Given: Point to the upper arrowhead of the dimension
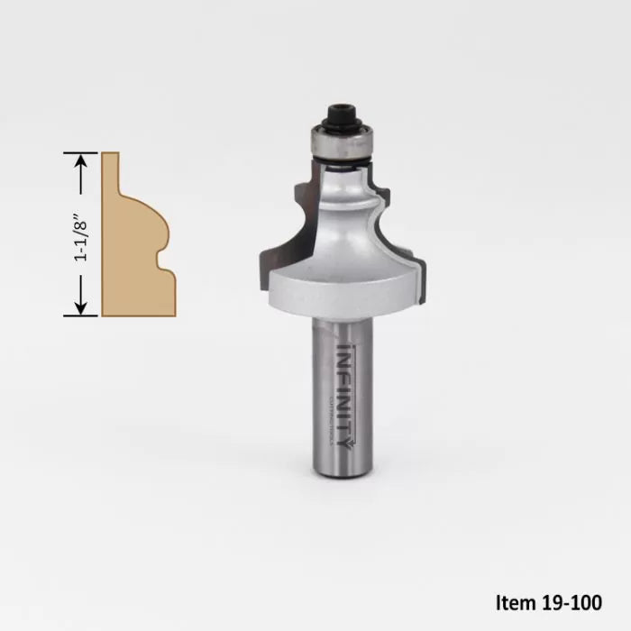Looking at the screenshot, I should pyautogui.click(x=81, y=160).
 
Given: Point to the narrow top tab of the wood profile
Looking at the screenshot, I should pyautogui.click(x=110, y=171).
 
